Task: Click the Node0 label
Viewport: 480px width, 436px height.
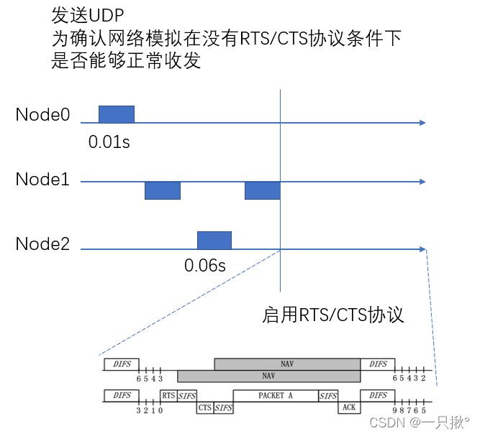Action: click(x=42, y=115)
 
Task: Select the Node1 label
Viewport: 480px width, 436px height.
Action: click(x=42, y=180)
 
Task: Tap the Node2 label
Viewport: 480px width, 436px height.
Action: click(x=42, y=244)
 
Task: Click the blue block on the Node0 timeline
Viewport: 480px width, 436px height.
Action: click(x=116, y=113)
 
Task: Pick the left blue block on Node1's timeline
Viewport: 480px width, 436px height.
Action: click(x=162, y=190)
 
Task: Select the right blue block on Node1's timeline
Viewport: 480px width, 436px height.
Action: click(x=262, y=190)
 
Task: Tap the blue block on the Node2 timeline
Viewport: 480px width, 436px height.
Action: click(x=214, y=240)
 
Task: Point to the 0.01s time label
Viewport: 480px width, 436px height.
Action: click(x=109, y=142)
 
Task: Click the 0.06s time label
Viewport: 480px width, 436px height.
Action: click(x=205, y=266)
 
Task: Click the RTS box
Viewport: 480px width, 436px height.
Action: click(x=168, y=395)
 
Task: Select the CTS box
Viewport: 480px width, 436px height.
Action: click(x=204, y=407)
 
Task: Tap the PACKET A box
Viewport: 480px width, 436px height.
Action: click(x=275, y=395)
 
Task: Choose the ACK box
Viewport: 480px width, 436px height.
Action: click(x=349, y=407)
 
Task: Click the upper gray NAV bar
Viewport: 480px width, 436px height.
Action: click(x=287, y=364)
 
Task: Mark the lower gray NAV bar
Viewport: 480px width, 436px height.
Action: click(x=268, y=376)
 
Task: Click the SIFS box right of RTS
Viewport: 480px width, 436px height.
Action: click(x=187, y=395)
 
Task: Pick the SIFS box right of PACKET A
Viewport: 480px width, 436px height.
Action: click(x=328, y=395)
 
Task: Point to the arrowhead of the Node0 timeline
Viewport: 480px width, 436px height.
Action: click(x=423, y=123)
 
